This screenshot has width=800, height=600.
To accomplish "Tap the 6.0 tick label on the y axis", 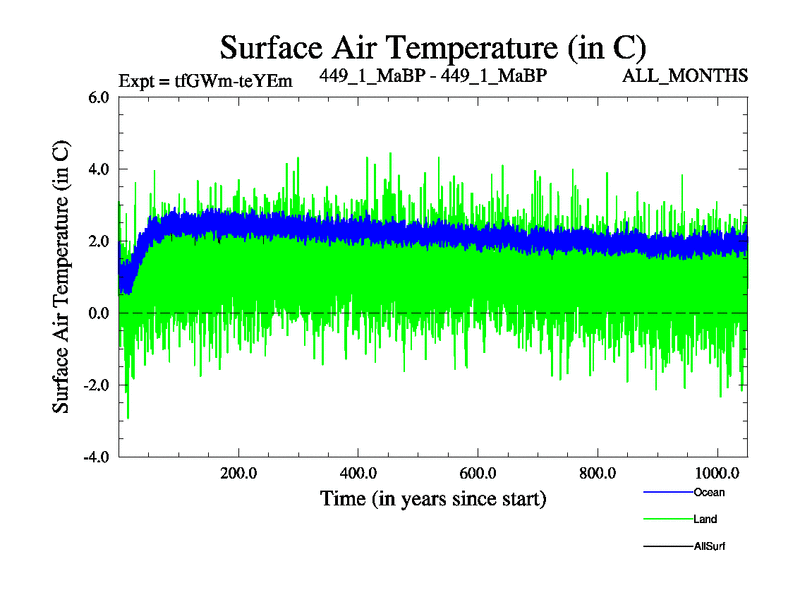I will pyautogui.click(x=97, y=98).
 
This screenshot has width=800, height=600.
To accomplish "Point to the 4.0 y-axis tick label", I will pyautogui.click(x=97, y=170).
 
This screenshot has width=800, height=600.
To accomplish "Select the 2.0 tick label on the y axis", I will pyautogui.click(x=97, y=242).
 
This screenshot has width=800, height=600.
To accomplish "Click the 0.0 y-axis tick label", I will pyautogui.click(x=97, y=314).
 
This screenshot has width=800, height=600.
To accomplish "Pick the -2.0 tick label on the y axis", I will pyautogui.click(x=94, y=386).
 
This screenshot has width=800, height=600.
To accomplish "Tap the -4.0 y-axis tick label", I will pyautogui.click(x=94, y=458).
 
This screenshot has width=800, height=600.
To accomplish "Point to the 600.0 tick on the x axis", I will pyautogui.click(x=478, y=473).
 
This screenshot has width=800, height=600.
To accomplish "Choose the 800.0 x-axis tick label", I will pyautogui.click(x=598, y=473).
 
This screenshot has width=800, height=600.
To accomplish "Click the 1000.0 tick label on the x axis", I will pyautogui.click(x=716, y=473).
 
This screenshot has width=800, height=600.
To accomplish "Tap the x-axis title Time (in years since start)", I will pyautogui.click(x=433, y=497).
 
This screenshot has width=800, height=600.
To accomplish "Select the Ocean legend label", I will pyautogui.click(x=709, y=492).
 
